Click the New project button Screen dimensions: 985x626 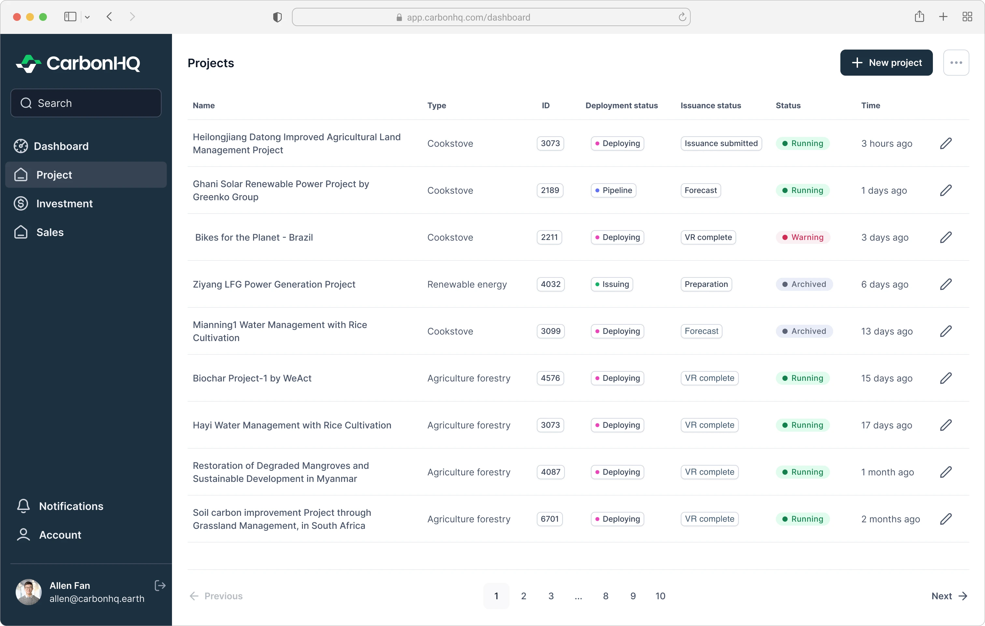pyautogui.click(x=886, y=63)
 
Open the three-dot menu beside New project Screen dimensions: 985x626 pyautogui.click(x=956, y=63)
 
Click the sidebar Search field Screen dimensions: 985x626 pyautogui.click(x=86, y=103)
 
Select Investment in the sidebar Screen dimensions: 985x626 pyautogui.click(x=64, y=203)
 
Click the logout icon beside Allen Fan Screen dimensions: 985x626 pyautogui.click(x=160, y=586)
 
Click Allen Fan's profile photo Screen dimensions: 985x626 pyautogui.click(x=28, y=592)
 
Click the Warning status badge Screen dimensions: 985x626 pyautogui.click(x=803, y=237)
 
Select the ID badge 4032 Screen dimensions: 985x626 pyautogui.click(x=550, y=284)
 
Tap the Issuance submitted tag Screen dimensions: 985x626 pyautogui.click(x=721, y=143)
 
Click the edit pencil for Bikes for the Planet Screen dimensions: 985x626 pyautogui.click(x=946, y=237)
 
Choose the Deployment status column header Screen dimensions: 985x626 pyautogui.click(x=621, y=105)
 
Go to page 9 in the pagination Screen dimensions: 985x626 pyautogui.click(x=633, y=596)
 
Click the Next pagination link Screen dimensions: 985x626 pyautogui.click(x=949, y=596)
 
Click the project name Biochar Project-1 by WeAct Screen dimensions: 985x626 pyautogui.click(x=252, y=378)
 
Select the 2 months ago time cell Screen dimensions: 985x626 pyautogui.click(x=890, y=519)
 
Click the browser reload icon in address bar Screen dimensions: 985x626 pyautogui.click(x=682, y=17)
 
